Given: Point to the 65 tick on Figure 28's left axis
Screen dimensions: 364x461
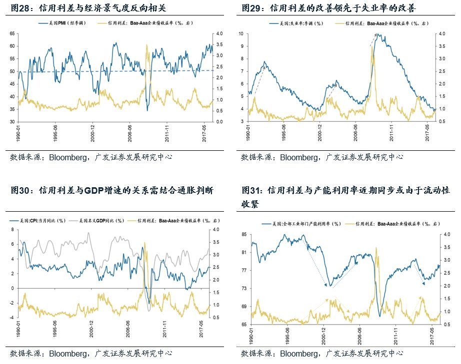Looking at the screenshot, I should pos(12,33).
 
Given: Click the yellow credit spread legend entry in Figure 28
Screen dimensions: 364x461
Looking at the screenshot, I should pos(150,23).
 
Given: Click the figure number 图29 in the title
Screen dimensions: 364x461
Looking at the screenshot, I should pos(251,8).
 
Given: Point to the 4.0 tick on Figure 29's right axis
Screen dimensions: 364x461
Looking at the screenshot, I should pos(441,33).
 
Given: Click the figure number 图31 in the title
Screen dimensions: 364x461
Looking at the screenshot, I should pos(251,190).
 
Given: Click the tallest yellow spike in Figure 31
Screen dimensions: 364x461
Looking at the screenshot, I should pos(376,248).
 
